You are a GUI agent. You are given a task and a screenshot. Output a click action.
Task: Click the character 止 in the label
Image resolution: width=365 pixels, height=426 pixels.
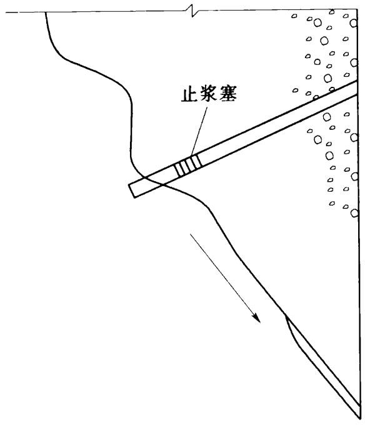click(x=189, y=94)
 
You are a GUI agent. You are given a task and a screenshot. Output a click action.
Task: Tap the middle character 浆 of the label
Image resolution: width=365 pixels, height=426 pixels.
click(x=209, y=94)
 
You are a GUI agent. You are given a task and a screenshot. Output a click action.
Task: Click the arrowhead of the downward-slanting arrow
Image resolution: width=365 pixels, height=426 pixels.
click(x=256, y=319)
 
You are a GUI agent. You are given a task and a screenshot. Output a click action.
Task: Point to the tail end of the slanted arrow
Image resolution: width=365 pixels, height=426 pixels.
click(x=191, y=234)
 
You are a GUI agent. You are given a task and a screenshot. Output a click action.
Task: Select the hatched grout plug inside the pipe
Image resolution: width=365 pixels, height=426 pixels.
click(x=188, y=166)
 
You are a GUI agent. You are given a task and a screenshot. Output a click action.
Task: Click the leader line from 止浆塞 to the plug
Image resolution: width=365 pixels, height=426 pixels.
click(x=199, y=131)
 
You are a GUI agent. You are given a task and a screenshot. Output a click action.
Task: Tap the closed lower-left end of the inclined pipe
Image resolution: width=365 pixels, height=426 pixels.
click(x=131, y=191)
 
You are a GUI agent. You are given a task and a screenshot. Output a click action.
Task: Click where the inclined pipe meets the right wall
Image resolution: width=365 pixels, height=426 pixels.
click(x=357, y=87)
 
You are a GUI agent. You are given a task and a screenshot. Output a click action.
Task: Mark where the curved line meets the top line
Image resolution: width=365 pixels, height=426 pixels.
click(x=46, y=12)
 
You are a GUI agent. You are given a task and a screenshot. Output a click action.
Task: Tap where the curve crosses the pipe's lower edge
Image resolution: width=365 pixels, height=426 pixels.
click(x=162, y=185)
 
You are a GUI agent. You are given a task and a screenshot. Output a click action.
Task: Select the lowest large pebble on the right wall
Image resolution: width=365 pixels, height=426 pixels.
click(x=354, y=213)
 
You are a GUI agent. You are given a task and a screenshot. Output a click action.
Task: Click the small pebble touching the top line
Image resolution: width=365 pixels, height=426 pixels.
click(x=331, y=12)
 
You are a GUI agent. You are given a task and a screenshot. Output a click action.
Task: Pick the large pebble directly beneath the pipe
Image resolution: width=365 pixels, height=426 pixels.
click(x=327, y=117)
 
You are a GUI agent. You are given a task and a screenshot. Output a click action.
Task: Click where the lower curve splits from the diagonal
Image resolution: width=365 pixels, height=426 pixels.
click(x=285, y=314)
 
